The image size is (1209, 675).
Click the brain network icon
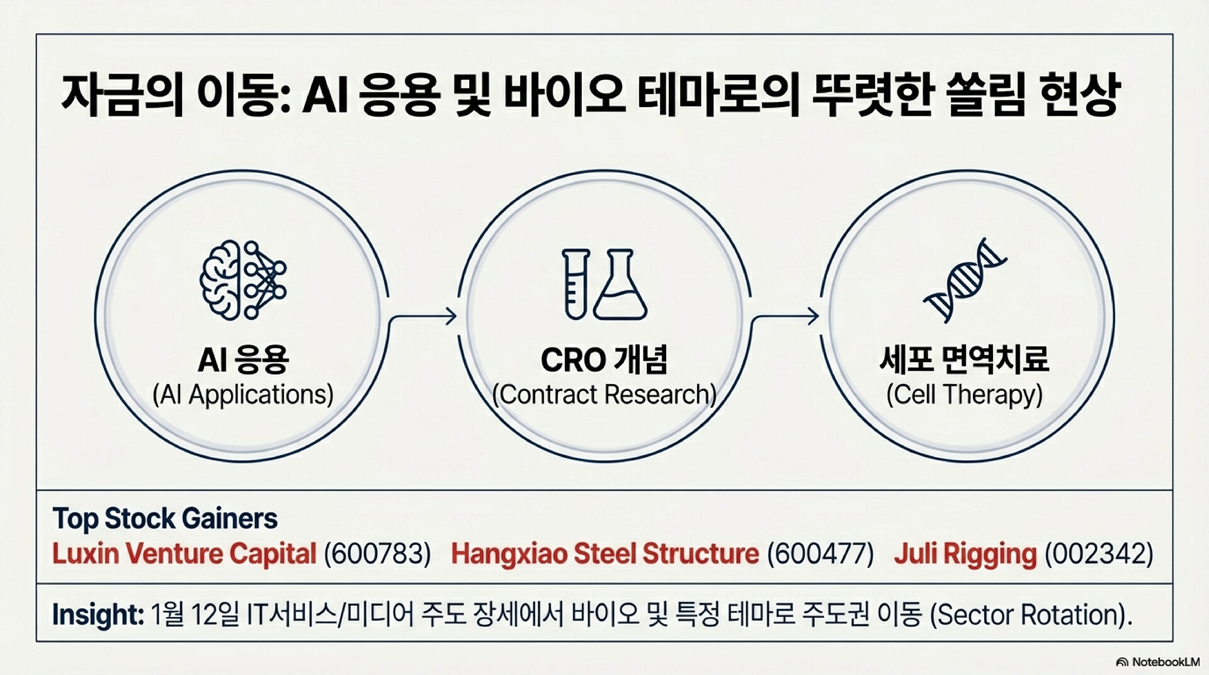point(243,280)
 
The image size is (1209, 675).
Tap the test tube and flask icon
point(604,284)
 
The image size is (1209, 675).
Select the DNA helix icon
point(965,280)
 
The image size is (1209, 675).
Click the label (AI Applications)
point(243,395)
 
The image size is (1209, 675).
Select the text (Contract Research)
point(604,395)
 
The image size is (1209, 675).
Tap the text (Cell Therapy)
point(965,395)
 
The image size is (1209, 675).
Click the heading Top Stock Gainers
point(165,519)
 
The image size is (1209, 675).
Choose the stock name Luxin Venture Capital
point(184,554)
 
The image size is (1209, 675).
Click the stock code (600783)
point(377,554)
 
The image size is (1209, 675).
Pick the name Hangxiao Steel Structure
point(605,554)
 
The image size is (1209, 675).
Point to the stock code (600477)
point(820,554)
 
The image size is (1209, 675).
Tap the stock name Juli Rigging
point(965,554)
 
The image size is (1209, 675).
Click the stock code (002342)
point(1099,554)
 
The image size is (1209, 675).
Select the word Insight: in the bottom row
point(98,615)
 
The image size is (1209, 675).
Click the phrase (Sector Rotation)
point(1031,615)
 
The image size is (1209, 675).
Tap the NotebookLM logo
point(1157,662)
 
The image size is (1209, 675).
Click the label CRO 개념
point(604,360)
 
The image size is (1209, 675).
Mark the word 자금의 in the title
point(122,96)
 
